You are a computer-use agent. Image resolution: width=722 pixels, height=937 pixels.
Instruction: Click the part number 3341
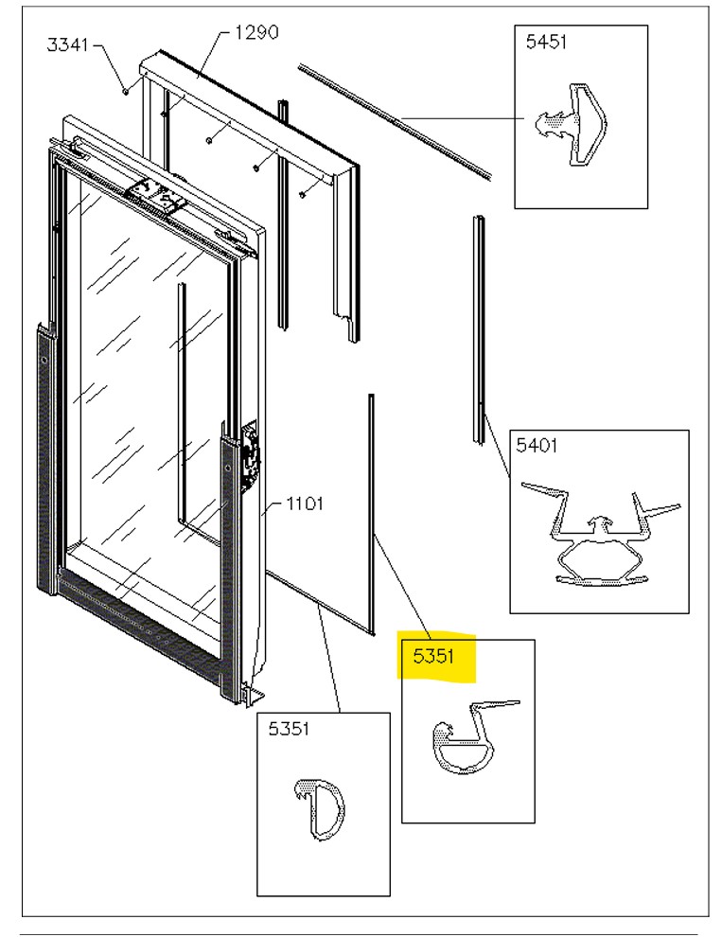coord(69,44)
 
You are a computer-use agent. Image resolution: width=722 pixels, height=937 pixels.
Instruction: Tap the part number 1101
coord(306,504)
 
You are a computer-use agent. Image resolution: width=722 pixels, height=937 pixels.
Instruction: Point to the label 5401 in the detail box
coord(536,445)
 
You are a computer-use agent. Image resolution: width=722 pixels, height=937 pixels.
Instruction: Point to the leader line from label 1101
coord(275,507)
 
